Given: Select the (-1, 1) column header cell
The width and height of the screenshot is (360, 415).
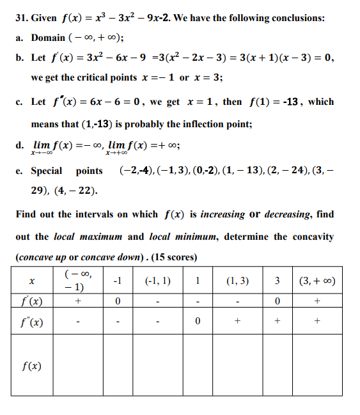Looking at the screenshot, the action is [157, 280].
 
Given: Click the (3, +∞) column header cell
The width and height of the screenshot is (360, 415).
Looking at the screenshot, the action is [317, 280].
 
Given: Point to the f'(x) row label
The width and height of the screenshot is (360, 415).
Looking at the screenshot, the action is [32, 301].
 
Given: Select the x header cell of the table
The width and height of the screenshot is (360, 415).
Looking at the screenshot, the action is [31, 281].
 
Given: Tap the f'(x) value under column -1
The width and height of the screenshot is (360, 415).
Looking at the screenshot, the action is [117, 301].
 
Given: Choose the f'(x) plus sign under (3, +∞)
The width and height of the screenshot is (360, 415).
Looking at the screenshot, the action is [317, 301].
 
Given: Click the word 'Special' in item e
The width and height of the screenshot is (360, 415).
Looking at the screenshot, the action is [47, 171].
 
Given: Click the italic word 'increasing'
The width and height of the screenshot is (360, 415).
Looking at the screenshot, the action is [222, 214].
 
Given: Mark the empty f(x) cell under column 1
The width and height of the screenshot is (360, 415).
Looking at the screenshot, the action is [198, 366].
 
